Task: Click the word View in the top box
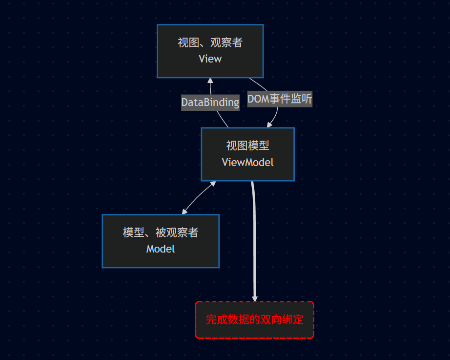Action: pos(210,59)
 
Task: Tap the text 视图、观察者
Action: pos(210,43)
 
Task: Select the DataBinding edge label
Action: pos(210,103)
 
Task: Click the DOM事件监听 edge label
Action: pos(280,99)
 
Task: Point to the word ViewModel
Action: pos(247,162)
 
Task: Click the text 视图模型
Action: pos(247,146)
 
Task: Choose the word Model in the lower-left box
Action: pos(161,249)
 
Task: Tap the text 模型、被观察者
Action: pos(161,233)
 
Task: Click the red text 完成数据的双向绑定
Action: pos(254,320)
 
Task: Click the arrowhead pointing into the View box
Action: pos(210,81)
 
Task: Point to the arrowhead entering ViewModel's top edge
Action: pos(269,125)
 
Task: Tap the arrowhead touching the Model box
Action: pos(184,212)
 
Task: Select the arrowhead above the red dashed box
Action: pos(254,298)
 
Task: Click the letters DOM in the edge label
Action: pos(257,99)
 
